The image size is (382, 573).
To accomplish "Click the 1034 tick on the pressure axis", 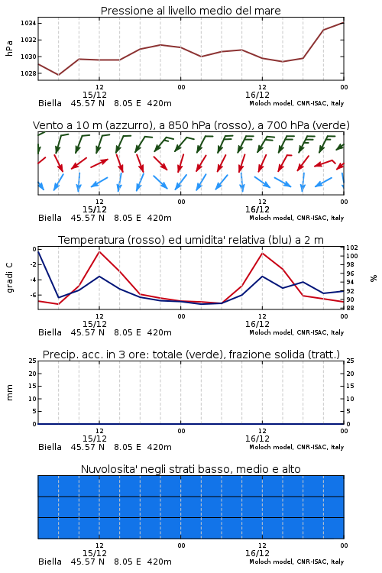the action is [28, 23].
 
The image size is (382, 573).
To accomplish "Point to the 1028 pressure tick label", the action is [28, 73].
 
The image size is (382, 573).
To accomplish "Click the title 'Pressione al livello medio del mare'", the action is [190, 11].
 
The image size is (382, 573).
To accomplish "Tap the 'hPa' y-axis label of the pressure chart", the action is [9, 48].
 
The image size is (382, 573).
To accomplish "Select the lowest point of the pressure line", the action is [59, 75].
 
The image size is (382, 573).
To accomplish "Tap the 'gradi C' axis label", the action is [9, 277].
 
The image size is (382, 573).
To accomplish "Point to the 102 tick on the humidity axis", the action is [352, 248].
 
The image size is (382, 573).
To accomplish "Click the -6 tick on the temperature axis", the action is [33, 295].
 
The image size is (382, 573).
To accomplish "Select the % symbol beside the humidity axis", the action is [374, 278].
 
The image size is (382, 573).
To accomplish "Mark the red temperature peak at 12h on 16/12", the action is [262, 253].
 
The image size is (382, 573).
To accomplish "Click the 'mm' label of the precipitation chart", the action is [9, 393].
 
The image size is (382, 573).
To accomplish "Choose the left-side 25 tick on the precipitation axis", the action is [33, 361].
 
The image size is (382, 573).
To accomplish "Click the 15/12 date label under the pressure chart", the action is [94, 95].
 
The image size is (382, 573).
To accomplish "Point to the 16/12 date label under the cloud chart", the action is [257, 553].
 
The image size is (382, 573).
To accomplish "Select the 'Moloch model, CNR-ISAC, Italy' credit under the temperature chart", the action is [296, 332].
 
